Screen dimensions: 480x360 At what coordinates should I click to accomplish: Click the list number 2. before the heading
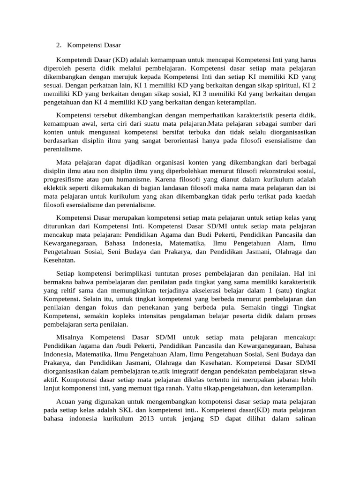(59, 45)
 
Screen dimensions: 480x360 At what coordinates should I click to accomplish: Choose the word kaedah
(304, 196)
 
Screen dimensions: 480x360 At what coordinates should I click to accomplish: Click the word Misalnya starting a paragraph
(70, 337)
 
